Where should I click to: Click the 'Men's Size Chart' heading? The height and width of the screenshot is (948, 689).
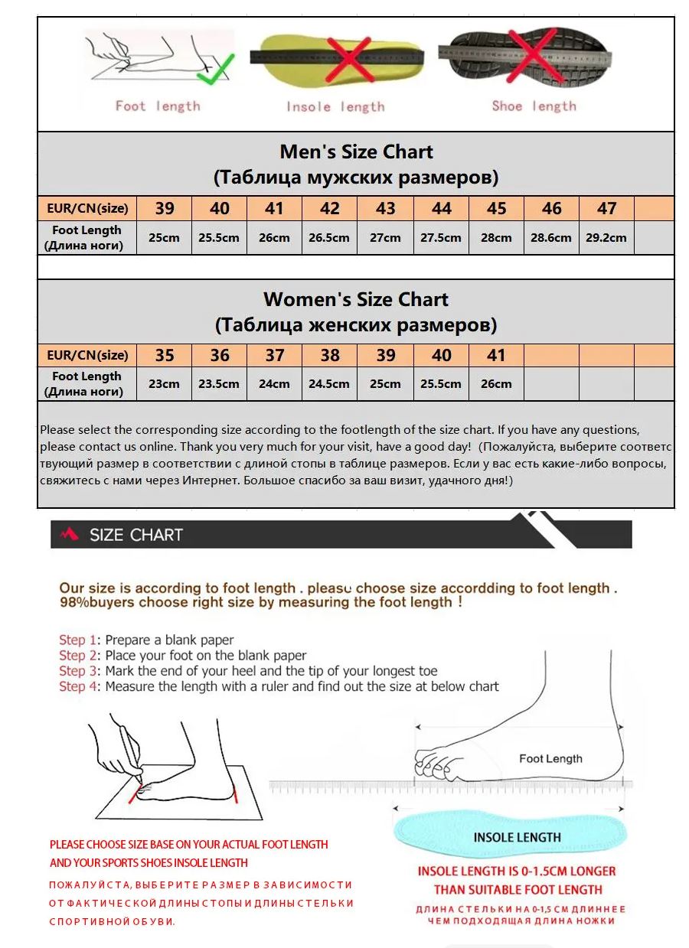coord(356,151)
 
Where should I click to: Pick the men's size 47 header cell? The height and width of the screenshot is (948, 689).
coord(607,208)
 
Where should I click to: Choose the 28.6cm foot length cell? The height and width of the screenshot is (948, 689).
coord(551,237)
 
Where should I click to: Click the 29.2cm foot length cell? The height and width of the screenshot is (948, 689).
coord(606,237)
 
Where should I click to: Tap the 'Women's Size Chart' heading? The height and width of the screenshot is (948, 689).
coord(356,299)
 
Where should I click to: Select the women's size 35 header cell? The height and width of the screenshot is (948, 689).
coord(165,355)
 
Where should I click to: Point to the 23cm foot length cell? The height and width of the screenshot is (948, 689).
coord(164,383)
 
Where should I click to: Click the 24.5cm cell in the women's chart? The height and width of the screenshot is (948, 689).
coord(329,383)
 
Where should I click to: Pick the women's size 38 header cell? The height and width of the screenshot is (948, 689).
coord(330,355)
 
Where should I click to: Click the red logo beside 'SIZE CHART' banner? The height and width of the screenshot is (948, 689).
coord(69,534)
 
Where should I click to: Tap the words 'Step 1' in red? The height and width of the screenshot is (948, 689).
coord(78,640)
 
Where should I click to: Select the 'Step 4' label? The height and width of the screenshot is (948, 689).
coord(78,686)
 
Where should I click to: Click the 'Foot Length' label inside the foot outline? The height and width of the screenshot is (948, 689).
coord(550,759)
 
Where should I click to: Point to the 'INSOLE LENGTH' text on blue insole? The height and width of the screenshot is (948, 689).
coord(517,837)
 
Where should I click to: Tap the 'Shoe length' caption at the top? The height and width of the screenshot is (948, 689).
coord(534,106)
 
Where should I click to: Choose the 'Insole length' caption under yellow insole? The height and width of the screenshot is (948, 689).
coord(335,106)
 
